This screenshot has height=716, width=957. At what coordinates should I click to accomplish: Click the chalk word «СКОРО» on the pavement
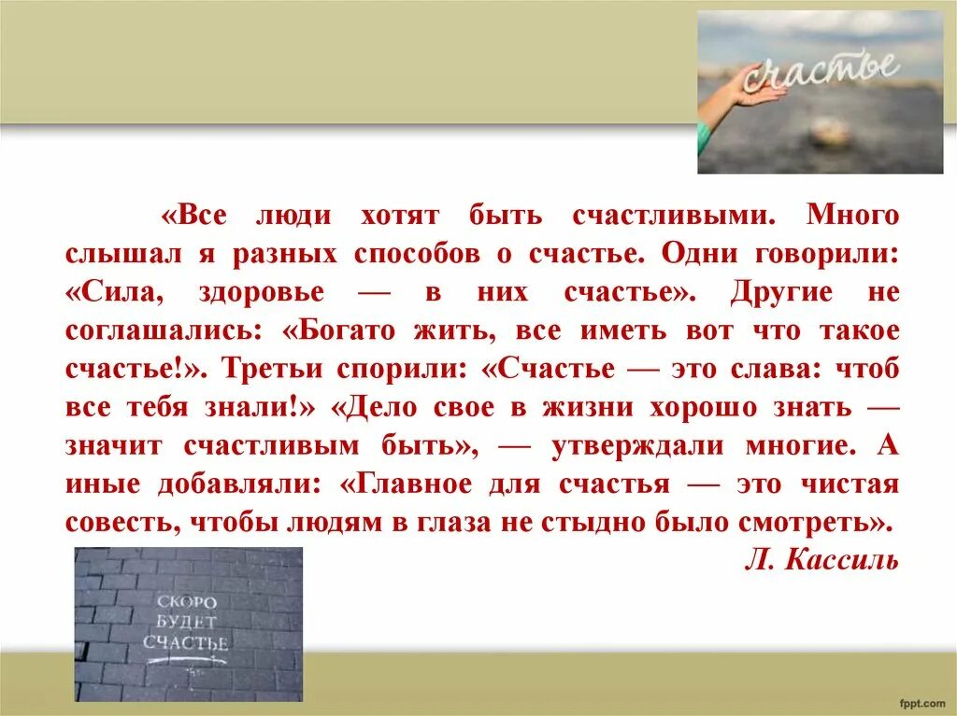click(x=187, y=602)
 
